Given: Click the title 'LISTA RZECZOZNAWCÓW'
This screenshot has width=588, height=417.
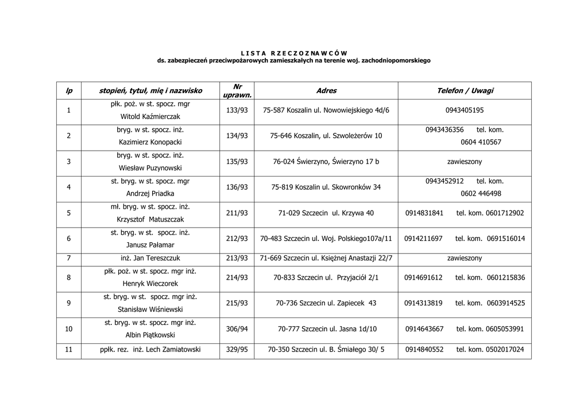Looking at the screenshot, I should click(293, 53).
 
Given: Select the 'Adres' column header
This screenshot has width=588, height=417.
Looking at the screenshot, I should click(326, 91).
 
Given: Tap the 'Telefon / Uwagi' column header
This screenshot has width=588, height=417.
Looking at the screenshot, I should click(465, 91).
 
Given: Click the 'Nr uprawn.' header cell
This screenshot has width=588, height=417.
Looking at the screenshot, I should click(237, 91).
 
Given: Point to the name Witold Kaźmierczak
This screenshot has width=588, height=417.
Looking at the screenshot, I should click(150, 117).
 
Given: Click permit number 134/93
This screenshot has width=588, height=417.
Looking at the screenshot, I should click(237, 136).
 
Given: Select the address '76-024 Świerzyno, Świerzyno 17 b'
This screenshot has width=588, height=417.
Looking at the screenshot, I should click(326, 162).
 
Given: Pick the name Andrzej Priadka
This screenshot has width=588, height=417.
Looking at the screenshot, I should click(150, 194).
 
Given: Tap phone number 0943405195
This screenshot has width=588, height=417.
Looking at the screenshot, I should click(465, 110).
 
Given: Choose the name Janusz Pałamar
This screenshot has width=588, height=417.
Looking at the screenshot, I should click(150, 244).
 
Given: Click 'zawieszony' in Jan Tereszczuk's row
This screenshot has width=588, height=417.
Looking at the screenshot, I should click(465, 258).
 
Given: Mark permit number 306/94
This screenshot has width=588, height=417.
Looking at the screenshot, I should click(237, 329).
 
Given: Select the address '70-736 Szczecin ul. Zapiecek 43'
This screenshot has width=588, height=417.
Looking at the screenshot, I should click(326, 303).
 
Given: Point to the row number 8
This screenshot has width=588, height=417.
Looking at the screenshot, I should click(69, 278).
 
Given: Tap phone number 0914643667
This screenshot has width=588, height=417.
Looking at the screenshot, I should click(424, 329).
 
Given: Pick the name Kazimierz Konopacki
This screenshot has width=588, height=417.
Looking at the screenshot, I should click(150, 142).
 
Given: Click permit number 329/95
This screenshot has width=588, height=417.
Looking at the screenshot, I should click(237, 349).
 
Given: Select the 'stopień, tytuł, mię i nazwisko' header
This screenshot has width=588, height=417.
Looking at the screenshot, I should click(150, 91).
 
